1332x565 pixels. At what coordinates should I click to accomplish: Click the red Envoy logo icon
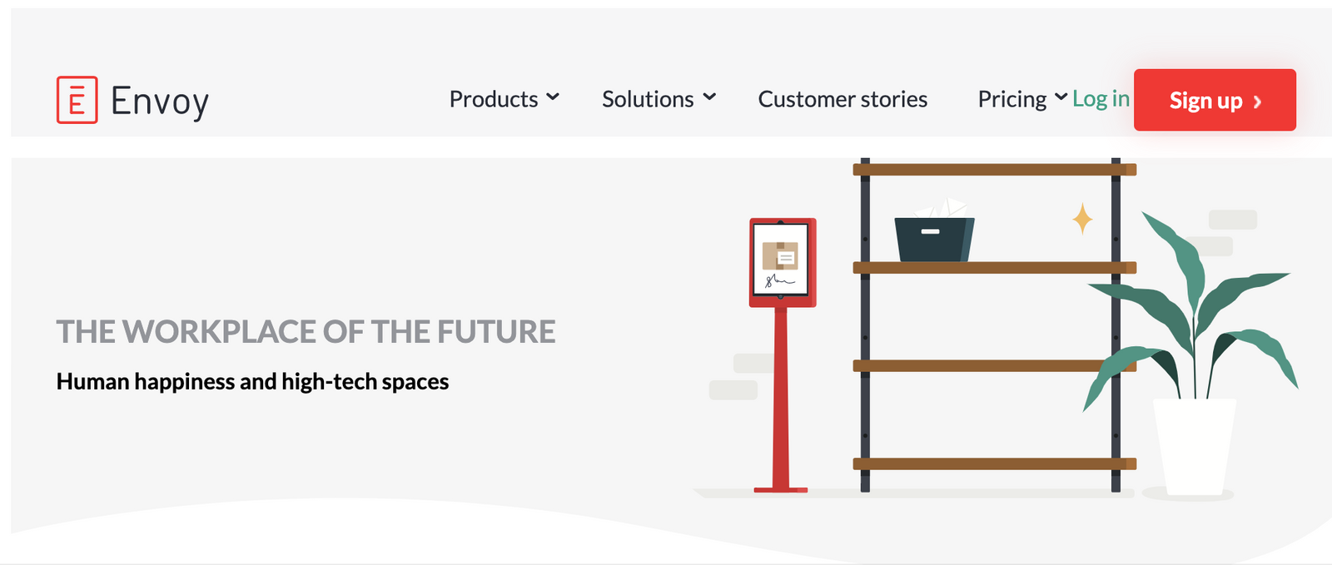(77, 100)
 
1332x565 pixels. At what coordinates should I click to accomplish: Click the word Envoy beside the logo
(160, 102)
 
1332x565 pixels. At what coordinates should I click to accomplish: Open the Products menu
(494, 99)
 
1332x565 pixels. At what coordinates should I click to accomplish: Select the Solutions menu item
(648, 99)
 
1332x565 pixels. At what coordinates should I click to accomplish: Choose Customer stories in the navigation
(842, 99)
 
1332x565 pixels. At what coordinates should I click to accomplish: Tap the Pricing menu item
(1012, 100)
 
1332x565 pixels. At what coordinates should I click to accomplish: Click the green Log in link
(1101, 99)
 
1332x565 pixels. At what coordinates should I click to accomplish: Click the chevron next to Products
(553, 97)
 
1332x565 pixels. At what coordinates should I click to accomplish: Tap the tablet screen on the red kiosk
(781, 259)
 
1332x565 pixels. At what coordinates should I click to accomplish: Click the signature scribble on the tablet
(779, 280)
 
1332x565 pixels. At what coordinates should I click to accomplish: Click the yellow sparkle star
(1082, 219)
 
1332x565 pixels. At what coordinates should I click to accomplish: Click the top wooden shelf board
(994, 170)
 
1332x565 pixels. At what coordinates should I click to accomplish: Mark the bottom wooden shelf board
(994, 464)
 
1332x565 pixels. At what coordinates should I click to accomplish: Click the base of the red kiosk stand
(781, 490)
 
